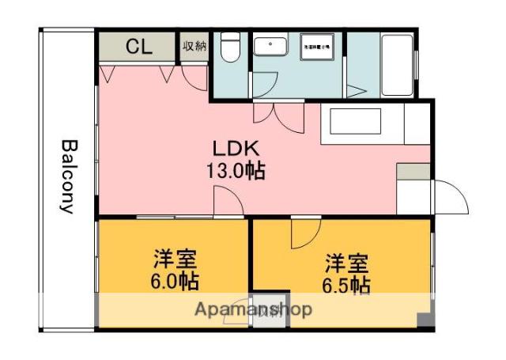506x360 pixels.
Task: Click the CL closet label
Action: pyautogui.click(x=138, y=47)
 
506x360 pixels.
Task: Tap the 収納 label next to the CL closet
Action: pyautogui.click(x=194, y=46)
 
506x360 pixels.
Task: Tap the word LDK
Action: pyautogui.click(x=236, y=149)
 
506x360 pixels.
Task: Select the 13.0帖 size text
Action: pyautogui.click(x=236, y=170)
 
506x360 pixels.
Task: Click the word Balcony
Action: pyautogui.click(x=68, y=177)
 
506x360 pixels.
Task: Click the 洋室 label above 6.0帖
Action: pyautogui.click(x=175, y=260)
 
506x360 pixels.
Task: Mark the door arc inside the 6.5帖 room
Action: pyautogui.click(x=304, y=233)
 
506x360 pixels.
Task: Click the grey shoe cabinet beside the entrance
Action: pyautogui.click(x=411, y=171)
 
